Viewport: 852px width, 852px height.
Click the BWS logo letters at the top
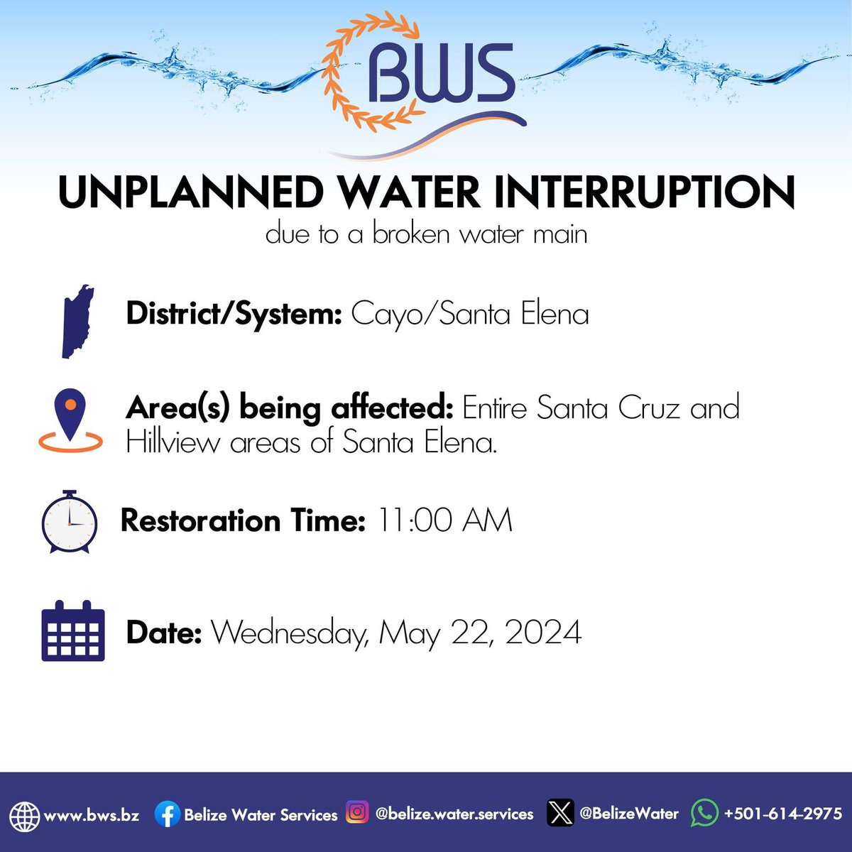point(441,75)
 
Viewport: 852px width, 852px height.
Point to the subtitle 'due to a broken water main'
point(426,234)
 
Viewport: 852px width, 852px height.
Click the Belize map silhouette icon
point(77,321)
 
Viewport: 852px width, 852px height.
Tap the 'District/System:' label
point(234,314)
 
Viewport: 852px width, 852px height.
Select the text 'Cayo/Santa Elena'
point(470,314)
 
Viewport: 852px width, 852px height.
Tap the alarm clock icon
point(69,522)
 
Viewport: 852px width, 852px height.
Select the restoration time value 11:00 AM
point(444,520)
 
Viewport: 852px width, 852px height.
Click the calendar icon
point(72,631)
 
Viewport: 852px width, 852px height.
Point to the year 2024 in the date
point(543,632)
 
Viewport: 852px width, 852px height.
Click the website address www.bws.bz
point(91,814)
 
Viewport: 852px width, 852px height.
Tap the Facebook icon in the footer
point(167,814)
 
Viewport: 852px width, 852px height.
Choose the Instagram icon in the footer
point(357,812)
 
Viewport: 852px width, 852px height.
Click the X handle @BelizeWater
point(628,814)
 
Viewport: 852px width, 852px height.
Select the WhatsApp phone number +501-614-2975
point(782,814)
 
